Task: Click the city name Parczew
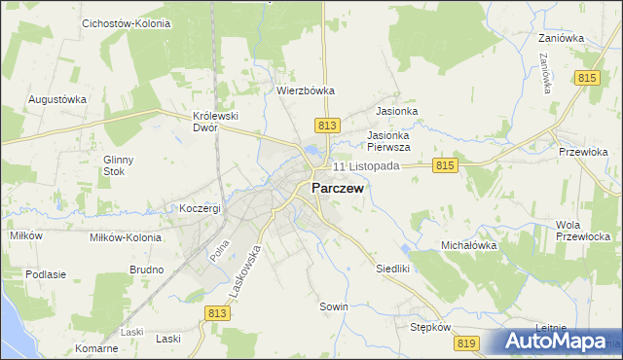pos(338,189)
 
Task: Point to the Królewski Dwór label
pos(216,121)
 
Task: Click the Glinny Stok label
pos(118,165)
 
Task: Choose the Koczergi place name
pos(201,208)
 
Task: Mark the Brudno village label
pos(146,270)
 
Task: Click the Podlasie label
pos(45,274)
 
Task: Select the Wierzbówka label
pos(305,90)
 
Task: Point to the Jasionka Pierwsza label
pos(388,141)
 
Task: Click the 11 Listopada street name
pos(366,166)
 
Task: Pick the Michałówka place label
pos(469,246)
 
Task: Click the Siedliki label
pos(395,268)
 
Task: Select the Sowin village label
pos(334,306)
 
